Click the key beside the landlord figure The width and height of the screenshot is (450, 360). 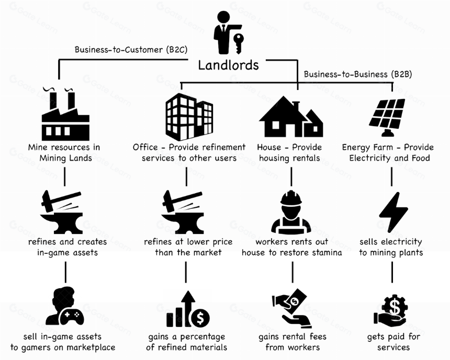(x=239, y=43)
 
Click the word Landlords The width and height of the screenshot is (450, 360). (x=229, y=65)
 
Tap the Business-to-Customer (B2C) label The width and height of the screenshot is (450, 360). (x=131, y=50)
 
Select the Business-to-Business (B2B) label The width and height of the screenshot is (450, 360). (x=358, y=74)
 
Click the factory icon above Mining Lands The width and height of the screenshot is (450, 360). (x=66, y=114)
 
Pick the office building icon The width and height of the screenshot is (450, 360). (x=189, y=117)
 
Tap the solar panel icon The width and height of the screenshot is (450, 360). (x=387, y=117)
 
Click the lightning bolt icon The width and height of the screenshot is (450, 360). (x=393, y=212)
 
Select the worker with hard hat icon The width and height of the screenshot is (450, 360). (x=291, y=211)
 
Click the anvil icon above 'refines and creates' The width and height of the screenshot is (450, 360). (x=61, y=212)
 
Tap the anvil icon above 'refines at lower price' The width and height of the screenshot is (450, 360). (x=183, y=212)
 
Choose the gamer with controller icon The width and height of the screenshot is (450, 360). (x=64, y=306)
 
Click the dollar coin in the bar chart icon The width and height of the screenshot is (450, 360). (x=200, y=318)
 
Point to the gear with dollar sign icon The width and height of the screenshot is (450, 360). (x=391, y=311)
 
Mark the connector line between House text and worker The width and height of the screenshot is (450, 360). (x=291, y=176)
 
